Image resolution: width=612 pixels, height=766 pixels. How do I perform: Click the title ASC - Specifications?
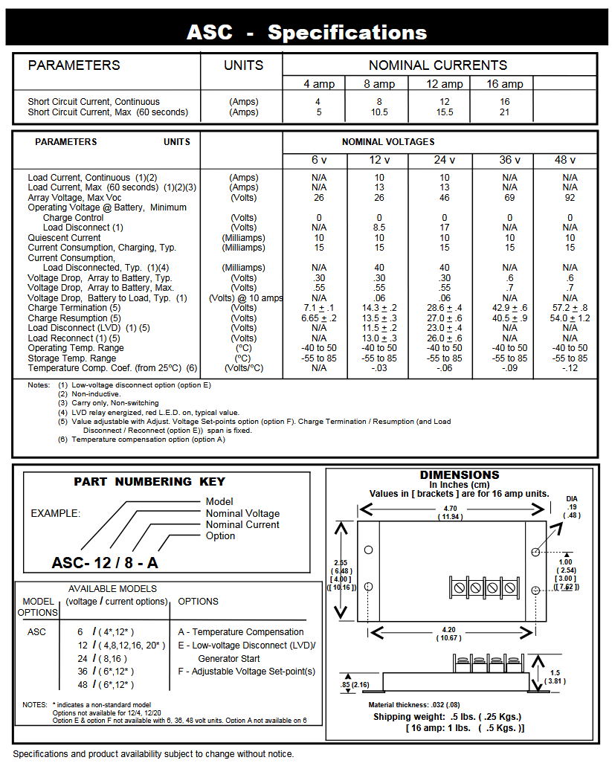pos(306,33)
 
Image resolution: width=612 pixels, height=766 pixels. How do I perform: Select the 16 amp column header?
pos(505,84)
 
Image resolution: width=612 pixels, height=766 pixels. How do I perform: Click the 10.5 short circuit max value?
pos(379,112)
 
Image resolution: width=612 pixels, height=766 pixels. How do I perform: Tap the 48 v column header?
pos(570,160)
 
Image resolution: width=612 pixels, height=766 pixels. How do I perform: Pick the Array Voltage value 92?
pos(570,198)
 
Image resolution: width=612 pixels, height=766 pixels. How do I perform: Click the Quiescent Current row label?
pos(64,238)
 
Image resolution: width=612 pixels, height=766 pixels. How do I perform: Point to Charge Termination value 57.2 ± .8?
pos(570,308)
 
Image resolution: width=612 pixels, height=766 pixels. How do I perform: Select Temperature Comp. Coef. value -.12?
pos(570,368)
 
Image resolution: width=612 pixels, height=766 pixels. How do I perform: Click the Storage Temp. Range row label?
pos(71,358)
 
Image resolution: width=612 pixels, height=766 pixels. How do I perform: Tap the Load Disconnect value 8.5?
pos(379,228)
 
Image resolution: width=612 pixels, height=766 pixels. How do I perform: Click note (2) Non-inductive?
pos(94,393)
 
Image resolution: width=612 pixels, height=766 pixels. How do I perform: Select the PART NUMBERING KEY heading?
pos(149,482)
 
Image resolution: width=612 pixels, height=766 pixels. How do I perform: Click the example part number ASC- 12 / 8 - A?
pos(105,563)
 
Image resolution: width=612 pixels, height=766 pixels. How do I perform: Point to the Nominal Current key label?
pos(242,524)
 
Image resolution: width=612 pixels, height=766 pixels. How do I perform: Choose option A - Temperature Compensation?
pos(241,631)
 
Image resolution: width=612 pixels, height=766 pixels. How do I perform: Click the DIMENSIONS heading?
pos(460,474)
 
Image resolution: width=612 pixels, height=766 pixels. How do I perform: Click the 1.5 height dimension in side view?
pos(555,672)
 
